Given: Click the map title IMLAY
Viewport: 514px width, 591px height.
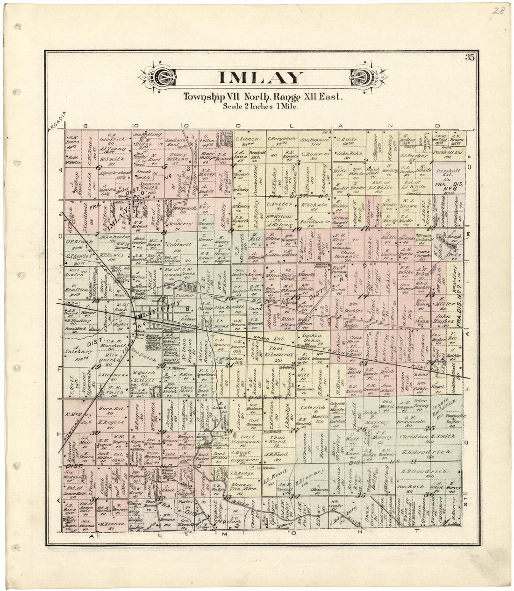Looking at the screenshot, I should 261,78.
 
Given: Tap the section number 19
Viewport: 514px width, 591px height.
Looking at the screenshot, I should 97,367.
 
